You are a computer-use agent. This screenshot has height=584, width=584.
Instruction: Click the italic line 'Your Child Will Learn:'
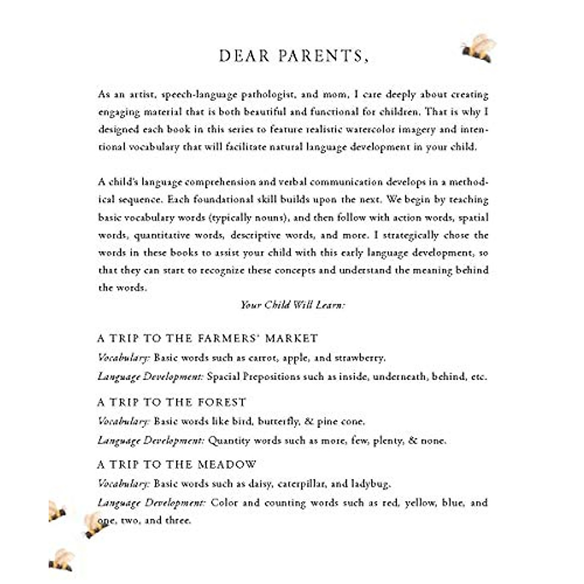tap(292, 305)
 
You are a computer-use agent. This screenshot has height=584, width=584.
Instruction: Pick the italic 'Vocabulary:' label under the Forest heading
tap(123, 421)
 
